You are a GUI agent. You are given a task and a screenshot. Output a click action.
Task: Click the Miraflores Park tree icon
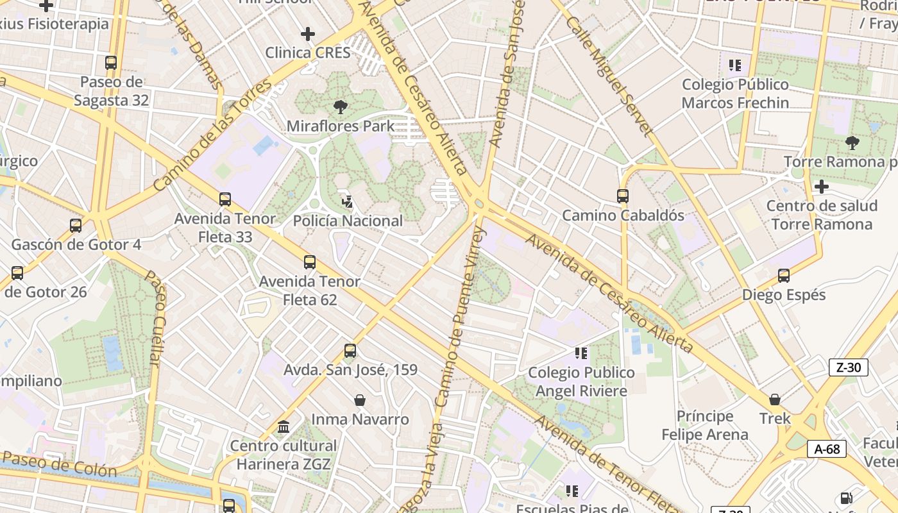(x=340, y=107)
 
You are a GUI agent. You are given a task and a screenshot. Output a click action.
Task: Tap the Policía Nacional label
(x=348, y=221)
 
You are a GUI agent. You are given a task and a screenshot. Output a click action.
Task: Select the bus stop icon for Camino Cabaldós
(x=622, y=196)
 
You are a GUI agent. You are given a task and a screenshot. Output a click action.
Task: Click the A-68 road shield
(x=827, y=449)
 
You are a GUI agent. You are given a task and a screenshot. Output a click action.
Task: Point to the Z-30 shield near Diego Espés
(x=849, y=367)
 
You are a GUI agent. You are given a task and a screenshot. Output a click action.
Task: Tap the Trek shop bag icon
(x=775, y=399)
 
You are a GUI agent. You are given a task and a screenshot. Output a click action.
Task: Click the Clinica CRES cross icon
(x=308, y=33)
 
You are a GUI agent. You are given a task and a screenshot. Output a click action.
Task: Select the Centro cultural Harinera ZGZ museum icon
(x=283, y=426)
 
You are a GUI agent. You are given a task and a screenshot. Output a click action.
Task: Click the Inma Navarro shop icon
(x=360, y=400)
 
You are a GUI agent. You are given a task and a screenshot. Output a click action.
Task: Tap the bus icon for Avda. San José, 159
(x=350, y=351)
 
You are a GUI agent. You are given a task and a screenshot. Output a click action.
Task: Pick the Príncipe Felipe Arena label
(x=705, y=425)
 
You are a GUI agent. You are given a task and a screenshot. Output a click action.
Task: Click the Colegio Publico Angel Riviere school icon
(x=581, y=353)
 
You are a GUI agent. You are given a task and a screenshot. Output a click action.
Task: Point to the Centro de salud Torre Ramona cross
(x=821, y=187)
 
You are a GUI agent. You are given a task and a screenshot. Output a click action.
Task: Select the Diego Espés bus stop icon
(x=783, y=276)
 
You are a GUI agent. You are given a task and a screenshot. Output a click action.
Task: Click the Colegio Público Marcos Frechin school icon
(x=735, y=65)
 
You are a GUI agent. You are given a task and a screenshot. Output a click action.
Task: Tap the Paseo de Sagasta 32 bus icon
(x=111, y=63)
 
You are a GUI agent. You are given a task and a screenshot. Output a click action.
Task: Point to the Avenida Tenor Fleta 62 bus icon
(x=310, y=262)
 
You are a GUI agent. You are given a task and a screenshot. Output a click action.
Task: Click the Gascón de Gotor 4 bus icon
(x=76, y=226)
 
